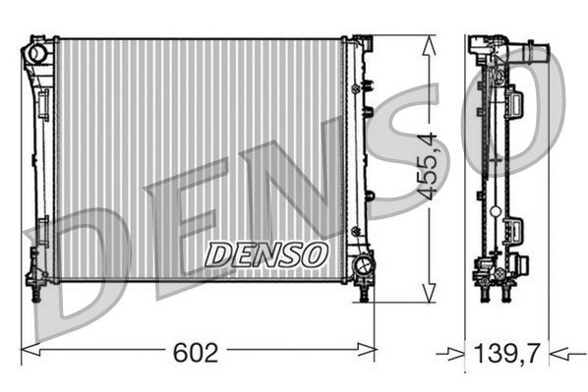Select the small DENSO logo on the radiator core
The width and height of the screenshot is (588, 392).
(x=265, y=254)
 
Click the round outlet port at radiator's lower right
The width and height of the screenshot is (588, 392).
(x=363, y=265)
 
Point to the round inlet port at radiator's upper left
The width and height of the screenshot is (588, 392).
(x=37, y=50)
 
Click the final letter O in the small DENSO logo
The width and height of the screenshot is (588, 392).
(x=313, y=254)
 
